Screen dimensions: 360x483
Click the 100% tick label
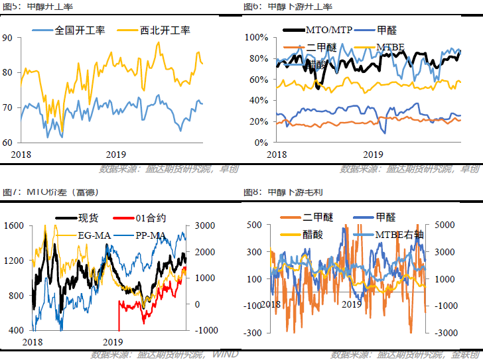(255, 37)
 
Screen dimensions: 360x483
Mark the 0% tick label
(260, 143)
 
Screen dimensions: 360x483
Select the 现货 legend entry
(89, 218)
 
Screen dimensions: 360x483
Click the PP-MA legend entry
(153, 235)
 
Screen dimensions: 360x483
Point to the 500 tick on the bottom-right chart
(255, 225)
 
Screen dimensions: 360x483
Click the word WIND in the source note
(224, 355)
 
